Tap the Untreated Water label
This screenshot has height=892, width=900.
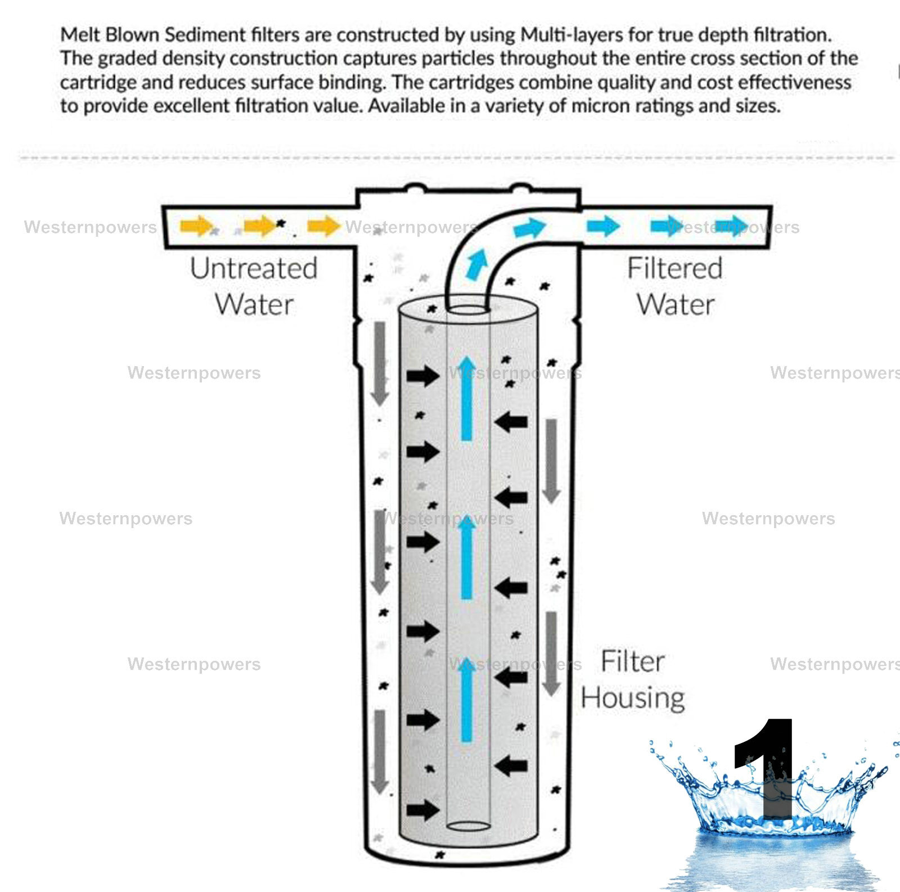(x=254, y=286)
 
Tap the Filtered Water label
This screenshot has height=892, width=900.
(x=675, y=286)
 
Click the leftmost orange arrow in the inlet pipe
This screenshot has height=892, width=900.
(x=196, y=227)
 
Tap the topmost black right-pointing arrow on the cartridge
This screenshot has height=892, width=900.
(x=423, y=375)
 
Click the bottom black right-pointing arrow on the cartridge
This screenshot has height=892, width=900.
(x=423, y=810)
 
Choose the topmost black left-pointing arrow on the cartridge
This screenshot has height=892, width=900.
(x=511, y=421)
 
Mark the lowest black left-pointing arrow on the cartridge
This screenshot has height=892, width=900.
(x=511, y=765)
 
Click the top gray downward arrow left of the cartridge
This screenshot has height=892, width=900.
(x=380, y=363)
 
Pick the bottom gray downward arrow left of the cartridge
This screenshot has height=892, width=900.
(x=380, y=751)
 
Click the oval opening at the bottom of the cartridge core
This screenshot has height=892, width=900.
(x=468, y=826)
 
